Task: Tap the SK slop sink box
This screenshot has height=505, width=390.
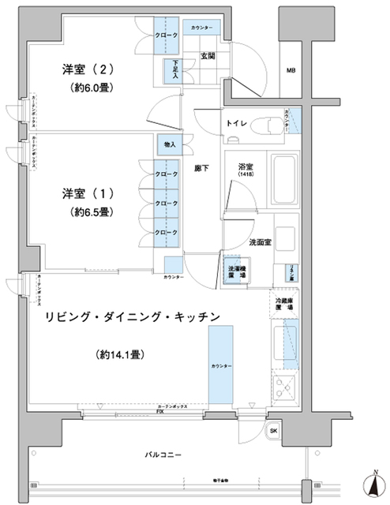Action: coord(273,431)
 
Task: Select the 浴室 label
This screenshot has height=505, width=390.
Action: coord(245,168)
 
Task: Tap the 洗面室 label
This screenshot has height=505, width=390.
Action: coord(261,241)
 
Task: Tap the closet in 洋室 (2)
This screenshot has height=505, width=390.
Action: coord(166,36)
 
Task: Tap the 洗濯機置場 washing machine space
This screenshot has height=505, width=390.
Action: coord(233,271)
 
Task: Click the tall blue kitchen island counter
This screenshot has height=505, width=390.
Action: coord(221,367)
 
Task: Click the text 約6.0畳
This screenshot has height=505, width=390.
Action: coord(94,88)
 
